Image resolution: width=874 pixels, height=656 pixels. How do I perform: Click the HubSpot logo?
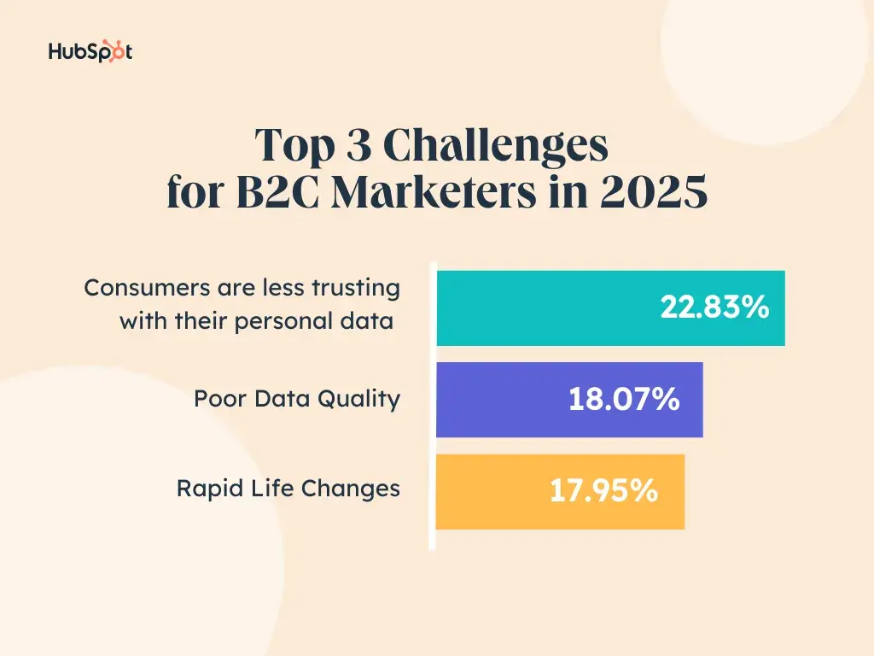pos(90,52)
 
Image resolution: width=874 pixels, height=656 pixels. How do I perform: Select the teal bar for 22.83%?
pos(546,308)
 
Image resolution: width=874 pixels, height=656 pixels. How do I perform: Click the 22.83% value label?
pos(714,307)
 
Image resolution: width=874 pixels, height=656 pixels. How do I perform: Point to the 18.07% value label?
pos(624,399)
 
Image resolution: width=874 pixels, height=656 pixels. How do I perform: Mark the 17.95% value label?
pos(603,490)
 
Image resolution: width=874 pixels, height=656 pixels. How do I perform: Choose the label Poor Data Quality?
pos(297,399)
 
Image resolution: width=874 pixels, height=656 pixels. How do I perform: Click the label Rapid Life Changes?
pos(288,489)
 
